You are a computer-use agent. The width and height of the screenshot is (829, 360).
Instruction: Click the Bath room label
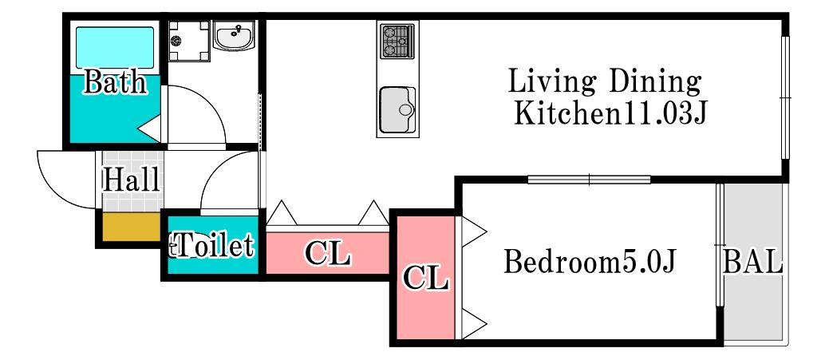115,82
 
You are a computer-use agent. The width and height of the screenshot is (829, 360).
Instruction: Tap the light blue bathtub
115,48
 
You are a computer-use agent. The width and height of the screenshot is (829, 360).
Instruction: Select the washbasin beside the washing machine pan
234,36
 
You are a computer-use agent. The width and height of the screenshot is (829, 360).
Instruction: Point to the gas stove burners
397,41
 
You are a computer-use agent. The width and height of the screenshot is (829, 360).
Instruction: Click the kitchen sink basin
397,110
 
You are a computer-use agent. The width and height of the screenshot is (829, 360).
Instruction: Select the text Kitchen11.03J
610,113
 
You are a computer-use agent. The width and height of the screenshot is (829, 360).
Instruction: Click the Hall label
131,180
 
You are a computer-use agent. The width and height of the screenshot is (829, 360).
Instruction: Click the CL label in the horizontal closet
328,254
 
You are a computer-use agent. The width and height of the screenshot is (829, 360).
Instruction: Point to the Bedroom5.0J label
590,262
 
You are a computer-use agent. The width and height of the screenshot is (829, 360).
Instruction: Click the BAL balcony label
753,262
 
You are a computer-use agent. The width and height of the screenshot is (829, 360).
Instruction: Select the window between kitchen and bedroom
589,180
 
